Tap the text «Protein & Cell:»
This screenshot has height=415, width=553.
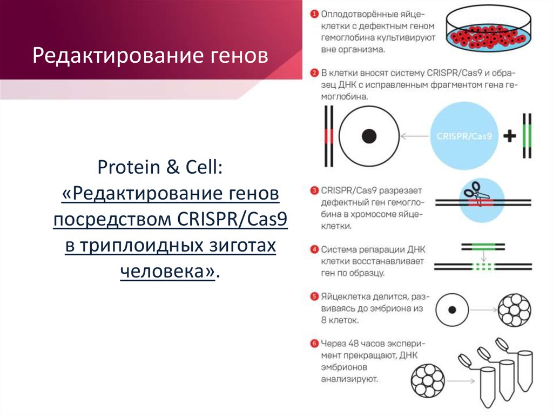tap(160, 167)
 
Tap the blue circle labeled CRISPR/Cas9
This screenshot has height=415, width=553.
tap(464, 136)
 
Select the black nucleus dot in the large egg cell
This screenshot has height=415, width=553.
tap(369, 136)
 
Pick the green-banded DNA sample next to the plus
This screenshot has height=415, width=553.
tap(527, 136)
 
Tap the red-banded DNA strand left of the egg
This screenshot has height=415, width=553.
tap(329, 136)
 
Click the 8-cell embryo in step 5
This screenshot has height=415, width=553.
tap(514, 310)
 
